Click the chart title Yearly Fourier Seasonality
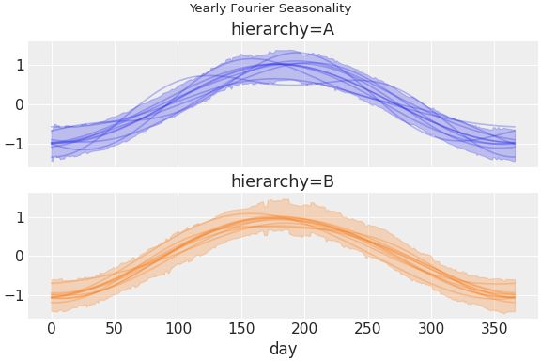click(270, 8)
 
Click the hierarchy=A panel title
click(283, 29)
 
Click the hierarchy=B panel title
click(283, 181)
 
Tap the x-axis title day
click(283, 349)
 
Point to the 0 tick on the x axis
click(52, 328)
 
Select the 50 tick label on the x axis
click(115, 328)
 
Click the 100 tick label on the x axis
click(178, 328)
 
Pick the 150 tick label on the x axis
click(241, 328)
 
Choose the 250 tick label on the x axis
click(368, 328)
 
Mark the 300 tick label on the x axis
click(431, 328)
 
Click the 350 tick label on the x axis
click(495, 328)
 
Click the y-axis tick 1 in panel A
click(19, 66)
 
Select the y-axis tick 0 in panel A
click(19, 104)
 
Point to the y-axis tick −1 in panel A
click(15, 144)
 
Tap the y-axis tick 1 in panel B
click(19, 217)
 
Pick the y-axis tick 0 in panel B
click(19, 257)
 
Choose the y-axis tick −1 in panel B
click(15, 296)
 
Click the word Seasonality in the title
click(315, 8)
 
